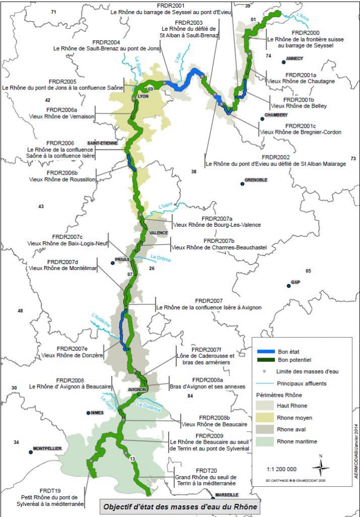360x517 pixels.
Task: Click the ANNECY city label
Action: coord(294,59)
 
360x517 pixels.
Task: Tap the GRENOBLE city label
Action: coord(255,180)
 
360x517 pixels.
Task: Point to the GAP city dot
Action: coord(289,286)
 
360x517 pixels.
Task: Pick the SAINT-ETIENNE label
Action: coord(99,143)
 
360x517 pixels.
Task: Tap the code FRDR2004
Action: coord(107,42)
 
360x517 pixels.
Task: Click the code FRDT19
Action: coord(50,490)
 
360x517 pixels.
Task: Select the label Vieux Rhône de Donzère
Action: coord(72,355)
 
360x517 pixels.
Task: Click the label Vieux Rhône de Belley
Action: coord(299,106)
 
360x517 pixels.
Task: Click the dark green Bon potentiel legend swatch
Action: coord(266,359)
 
